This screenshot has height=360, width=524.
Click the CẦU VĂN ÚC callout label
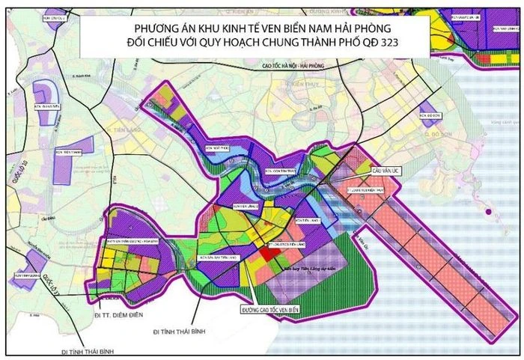click(387, 171)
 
